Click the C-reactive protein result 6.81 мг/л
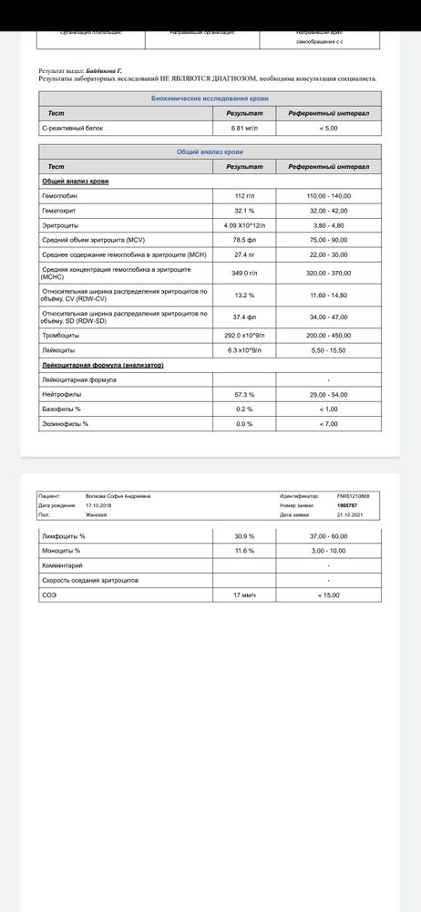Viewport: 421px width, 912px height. click(244, 129)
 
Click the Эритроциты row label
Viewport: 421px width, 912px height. click(59, 224)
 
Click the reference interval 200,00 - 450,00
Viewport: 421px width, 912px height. click(328, 336)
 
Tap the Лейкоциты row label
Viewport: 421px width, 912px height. click(58, 349)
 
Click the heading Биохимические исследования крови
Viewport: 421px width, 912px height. click(209, 98)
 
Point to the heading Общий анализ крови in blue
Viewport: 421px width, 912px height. click(209, 152)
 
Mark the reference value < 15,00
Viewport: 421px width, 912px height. click(328, 595)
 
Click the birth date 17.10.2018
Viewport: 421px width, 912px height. click(97, 505)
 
